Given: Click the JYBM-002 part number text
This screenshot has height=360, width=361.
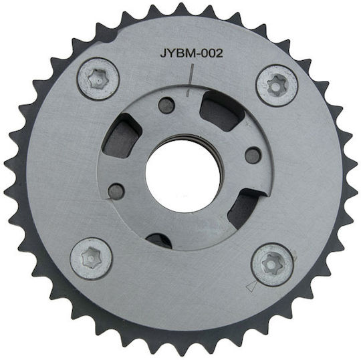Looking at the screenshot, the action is click(x=191, y=53).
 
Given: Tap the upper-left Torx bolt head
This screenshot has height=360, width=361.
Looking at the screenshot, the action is click(x=98, y=79).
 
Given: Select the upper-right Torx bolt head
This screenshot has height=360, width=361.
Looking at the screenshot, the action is click(x=277, y=85).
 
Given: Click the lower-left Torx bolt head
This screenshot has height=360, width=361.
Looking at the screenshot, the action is click(x=91, y=258).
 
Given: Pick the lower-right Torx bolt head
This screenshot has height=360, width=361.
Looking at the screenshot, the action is click(x=273, y=264).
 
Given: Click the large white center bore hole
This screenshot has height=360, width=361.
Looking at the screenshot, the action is click(x=183, y=177).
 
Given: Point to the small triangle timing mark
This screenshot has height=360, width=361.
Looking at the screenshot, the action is click(x=251, y=286).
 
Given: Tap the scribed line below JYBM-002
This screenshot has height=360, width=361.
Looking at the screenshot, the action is click(x=191, y=80).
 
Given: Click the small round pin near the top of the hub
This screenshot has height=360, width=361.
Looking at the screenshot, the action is click(x=166, y=106).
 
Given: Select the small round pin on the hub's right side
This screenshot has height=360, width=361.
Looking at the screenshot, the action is click(x=253, y=155).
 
